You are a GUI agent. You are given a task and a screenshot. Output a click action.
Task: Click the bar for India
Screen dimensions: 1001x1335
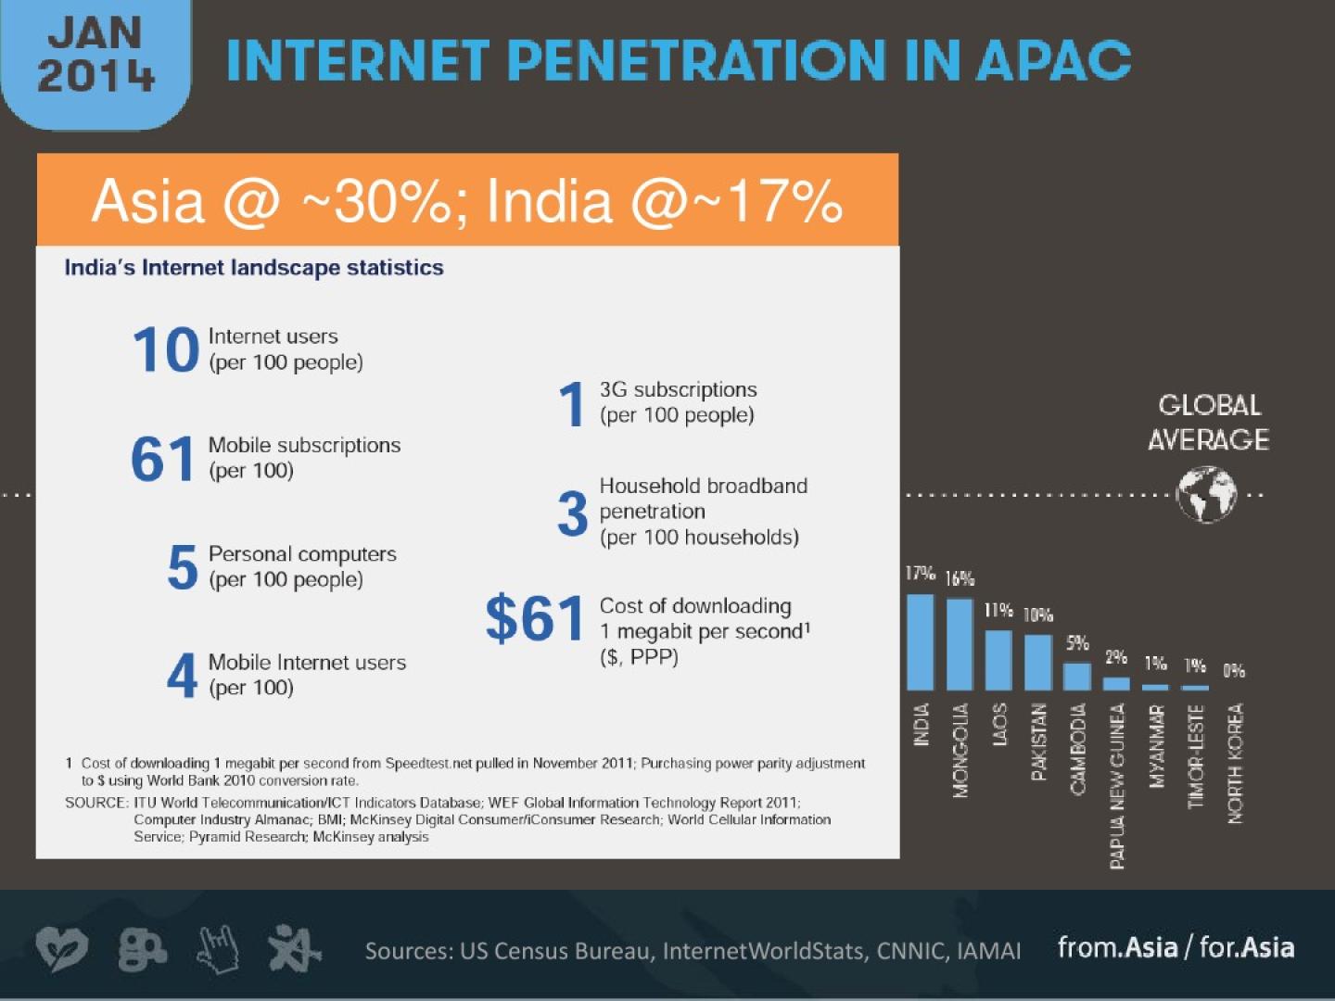[920, 642]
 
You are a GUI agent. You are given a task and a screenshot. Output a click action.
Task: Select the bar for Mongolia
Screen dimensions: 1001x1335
[960, 644]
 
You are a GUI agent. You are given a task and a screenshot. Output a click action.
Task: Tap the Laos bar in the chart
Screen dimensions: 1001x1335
[998, 660]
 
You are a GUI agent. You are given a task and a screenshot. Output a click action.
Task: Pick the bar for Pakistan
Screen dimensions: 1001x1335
[1038, 662]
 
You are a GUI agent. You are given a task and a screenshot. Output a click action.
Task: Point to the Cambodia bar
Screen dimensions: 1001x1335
[1077, 676]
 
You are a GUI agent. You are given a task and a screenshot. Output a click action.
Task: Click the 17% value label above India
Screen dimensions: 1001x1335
[920, 574]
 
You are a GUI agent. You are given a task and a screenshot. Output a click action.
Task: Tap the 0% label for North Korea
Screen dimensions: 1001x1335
[1234, 670]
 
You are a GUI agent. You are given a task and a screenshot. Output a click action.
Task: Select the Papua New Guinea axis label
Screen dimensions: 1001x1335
[1117, 786]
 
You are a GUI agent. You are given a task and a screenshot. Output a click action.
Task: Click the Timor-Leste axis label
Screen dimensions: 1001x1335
[1196, 756]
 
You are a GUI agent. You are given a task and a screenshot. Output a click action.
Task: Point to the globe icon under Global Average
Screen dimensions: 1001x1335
[1206, 495]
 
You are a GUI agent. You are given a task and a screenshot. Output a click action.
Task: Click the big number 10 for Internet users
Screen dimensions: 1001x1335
[165, 350]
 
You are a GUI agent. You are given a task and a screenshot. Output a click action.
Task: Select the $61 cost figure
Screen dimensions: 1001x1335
[535, 619]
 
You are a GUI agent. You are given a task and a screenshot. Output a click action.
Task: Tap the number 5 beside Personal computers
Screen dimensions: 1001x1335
[182, 567]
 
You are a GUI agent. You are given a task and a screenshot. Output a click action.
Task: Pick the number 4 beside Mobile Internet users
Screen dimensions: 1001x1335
[182, 675]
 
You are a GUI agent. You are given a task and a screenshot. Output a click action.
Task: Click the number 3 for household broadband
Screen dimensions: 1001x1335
[572, 513]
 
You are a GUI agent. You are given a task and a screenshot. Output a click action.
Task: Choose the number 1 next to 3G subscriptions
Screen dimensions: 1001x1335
[571, 405]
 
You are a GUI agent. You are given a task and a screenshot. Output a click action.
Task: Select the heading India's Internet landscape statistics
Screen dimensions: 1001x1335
[254, 268]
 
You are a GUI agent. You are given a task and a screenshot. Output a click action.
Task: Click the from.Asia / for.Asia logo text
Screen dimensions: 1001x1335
[1176, 947]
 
